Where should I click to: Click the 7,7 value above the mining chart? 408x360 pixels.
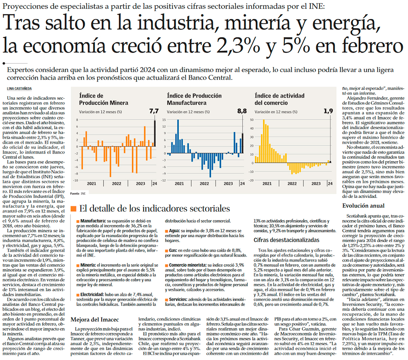click(x=154, y=111)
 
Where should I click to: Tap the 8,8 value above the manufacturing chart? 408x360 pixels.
click(x=242, y=111)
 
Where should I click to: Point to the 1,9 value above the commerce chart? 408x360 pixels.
click(x=328, y=111)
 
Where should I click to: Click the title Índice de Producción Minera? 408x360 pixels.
click(x=97, y=99)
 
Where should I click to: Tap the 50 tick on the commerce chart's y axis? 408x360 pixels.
click(x=251, y=120)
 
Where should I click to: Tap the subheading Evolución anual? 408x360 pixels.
click(x=363, y=206)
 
